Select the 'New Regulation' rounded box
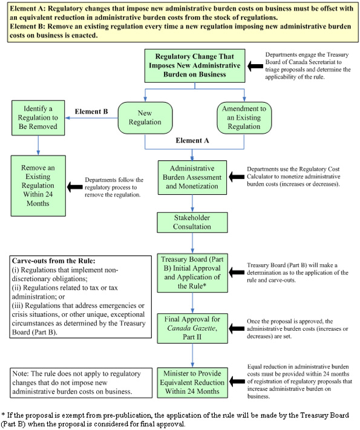click(x=145, y=117)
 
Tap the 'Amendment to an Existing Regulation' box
click(x=245, y=117)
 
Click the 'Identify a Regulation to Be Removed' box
click(x=38, y=117)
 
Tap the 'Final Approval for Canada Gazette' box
click(x=192, y=327)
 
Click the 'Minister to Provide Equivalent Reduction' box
click(x=192, y=382)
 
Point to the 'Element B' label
click(x=91, y=111)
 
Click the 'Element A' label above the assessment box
click(x=192, y=140)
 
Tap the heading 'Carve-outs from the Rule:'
click(x=53, y=261)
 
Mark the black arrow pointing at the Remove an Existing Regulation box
click(x=75, y=187)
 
